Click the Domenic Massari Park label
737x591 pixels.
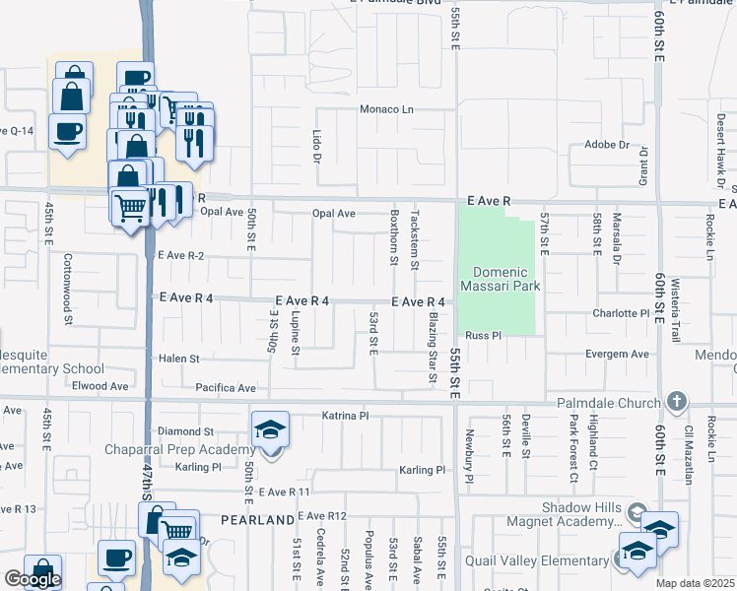508,280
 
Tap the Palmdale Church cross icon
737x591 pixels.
676,401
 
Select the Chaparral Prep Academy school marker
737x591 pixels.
271,429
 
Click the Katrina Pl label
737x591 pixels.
345,417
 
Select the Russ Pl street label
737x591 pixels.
484,335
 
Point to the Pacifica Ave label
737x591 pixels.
226,388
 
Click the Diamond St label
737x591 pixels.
186,431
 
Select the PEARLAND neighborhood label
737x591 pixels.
257,519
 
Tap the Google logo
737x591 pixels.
33,579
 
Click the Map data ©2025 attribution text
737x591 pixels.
695,583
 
